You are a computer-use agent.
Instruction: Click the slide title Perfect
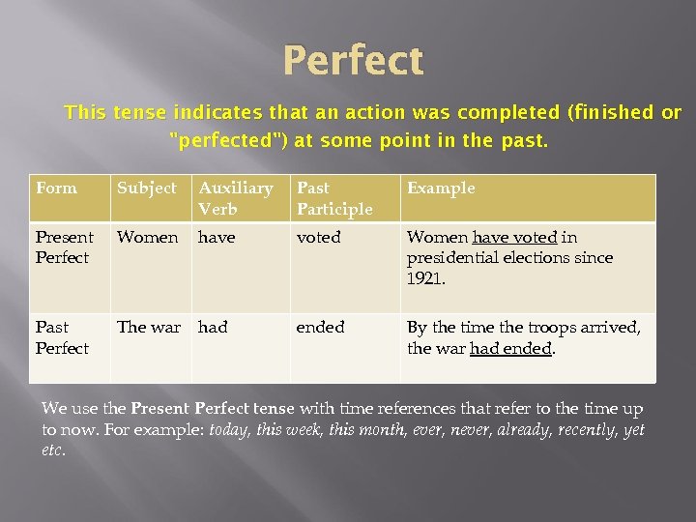[353, 61]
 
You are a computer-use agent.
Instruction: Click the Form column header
[56, 188]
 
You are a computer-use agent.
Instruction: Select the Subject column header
[147, 188]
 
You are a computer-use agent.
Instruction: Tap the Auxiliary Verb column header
[236, 198]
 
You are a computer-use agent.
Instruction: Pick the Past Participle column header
[334, 198]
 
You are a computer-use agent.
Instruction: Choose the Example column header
[441, 188]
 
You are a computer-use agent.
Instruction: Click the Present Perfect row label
[64, 247]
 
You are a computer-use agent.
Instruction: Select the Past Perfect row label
[62, 337]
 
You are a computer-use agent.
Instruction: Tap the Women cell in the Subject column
[147, 237]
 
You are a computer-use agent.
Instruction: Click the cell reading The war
[149, 328]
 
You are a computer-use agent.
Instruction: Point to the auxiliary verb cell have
[217, 237]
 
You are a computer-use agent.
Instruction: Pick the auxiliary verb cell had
[213, 328]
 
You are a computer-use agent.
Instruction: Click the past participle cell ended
[320, 328]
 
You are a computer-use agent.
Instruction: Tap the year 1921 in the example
[424, 277]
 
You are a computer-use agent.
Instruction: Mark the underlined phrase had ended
[510, 348]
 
